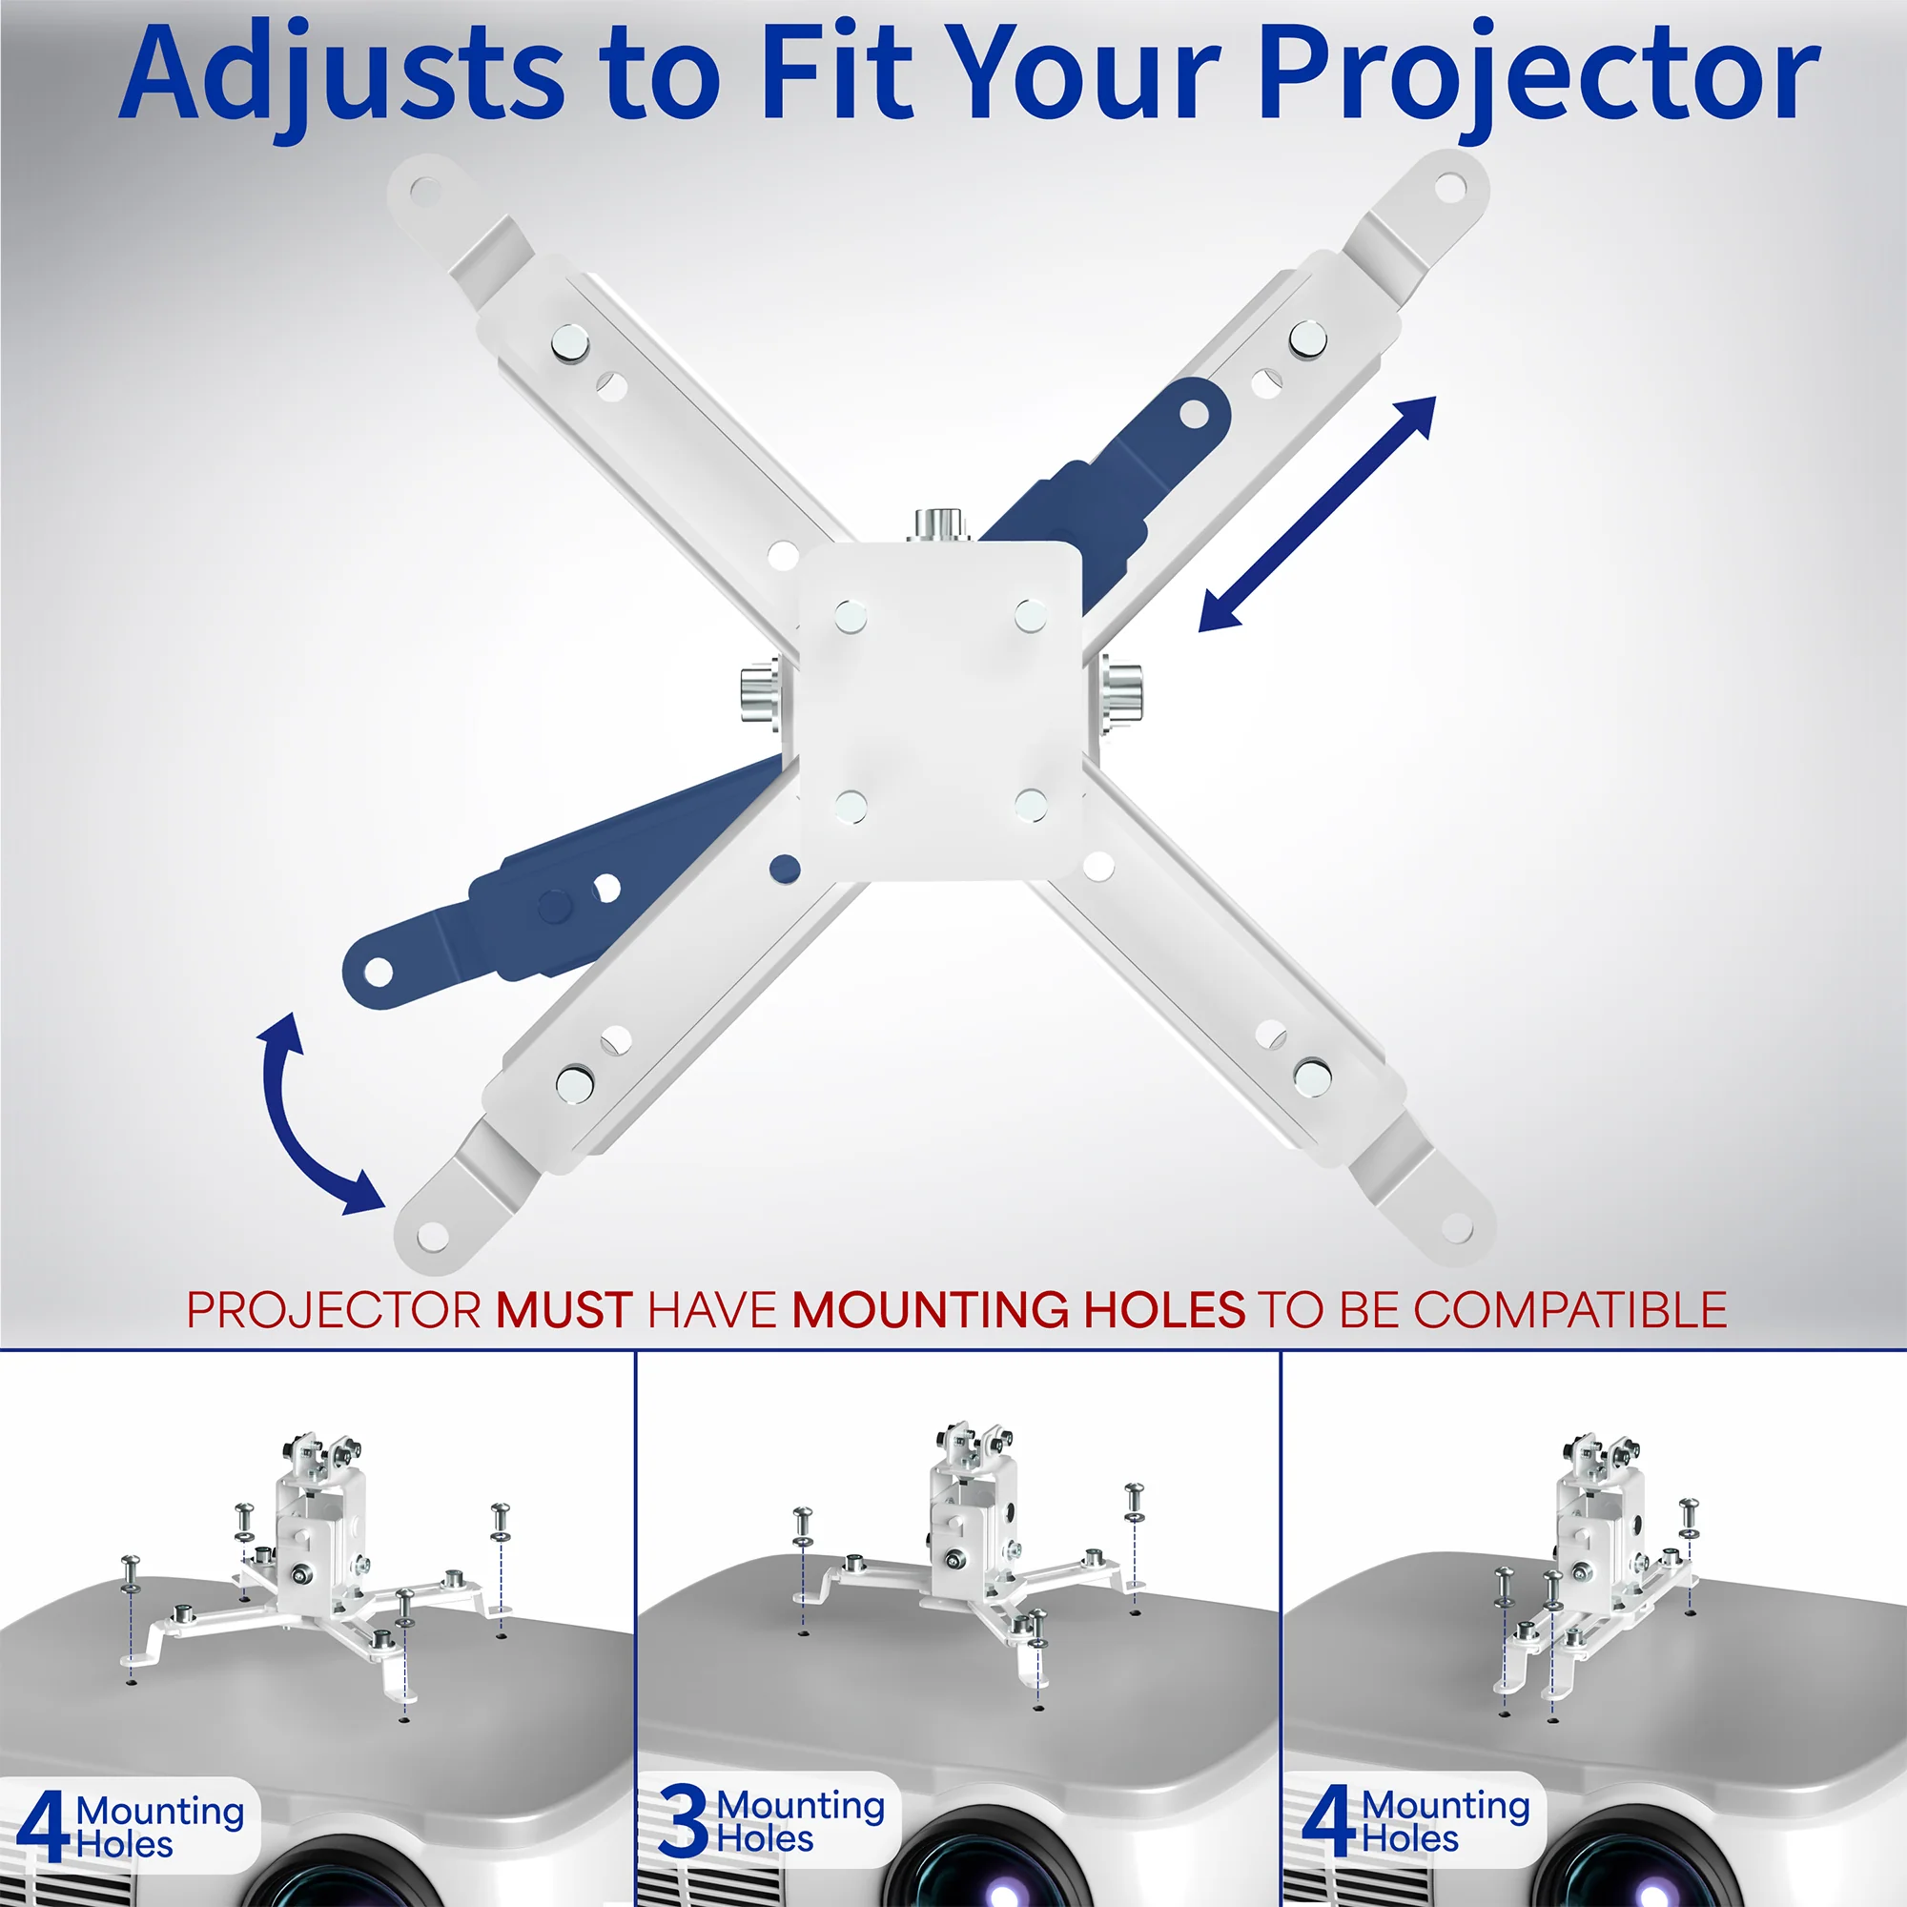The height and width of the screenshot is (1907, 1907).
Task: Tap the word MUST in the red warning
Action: coord(564,1311)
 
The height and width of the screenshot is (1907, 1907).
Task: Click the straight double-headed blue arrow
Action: coord(1317,513)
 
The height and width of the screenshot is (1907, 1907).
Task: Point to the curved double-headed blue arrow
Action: coord(306,1116)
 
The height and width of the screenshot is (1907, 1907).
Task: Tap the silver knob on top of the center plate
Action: coord(938,524)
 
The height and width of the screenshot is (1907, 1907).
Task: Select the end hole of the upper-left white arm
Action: coord(424,188)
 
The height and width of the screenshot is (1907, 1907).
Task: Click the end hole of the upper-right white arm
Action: coord(1449,187)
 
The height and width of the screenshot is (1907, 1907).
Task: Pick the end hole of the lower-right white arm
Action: coord(1456,1228)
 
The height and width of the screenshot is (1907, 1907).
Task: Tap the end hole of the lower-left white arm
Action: coord(431,1235)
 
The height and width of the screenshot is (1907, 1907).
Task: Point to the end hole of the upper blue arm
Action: coord(1194,414)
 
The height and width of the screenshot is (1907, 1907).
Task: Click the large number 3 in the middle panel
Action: coord(683,1821)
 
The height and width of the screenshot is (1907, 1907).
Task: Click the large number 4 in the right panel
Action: coord(1327,1821)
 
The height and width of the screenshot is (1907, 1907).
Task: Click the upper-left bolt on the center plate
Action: coord(850,617)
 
